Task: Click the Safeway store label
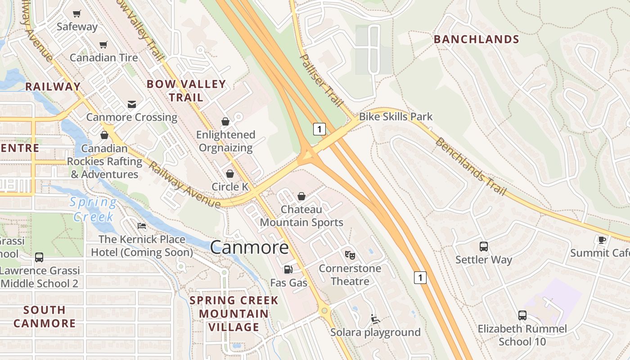tap(77, 27)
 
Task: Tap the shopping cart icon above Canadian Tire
tap(103, 45)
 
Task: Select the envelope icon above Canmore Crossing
tap(131, 104)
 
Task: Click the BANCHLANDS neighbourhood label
tap(476, 40)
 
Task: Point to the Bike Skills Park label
tap(396, 117)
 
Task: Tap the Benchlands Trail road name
tap(471, 166)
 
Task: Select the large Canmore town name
tap(249, 247)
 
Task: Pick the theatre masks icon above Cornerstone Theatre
tap(350, 255)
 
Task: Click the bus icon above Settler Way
tap(484, 247)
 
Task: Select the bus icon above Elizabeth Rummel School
tap(522, 315)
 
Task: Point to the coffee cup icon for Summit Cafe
tap(602, 240)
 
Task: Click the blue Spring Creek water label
tap(94, 209)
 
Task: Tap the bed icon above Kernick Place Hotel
tap(142, 226)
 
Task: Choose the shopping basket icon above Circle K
tap(230, 174)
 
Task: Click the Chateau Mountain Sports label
tap(301, 216)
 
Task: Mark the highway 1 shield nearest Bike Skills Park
tap(319, 130)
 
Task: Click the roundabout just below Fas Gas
tap(324, 310)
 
